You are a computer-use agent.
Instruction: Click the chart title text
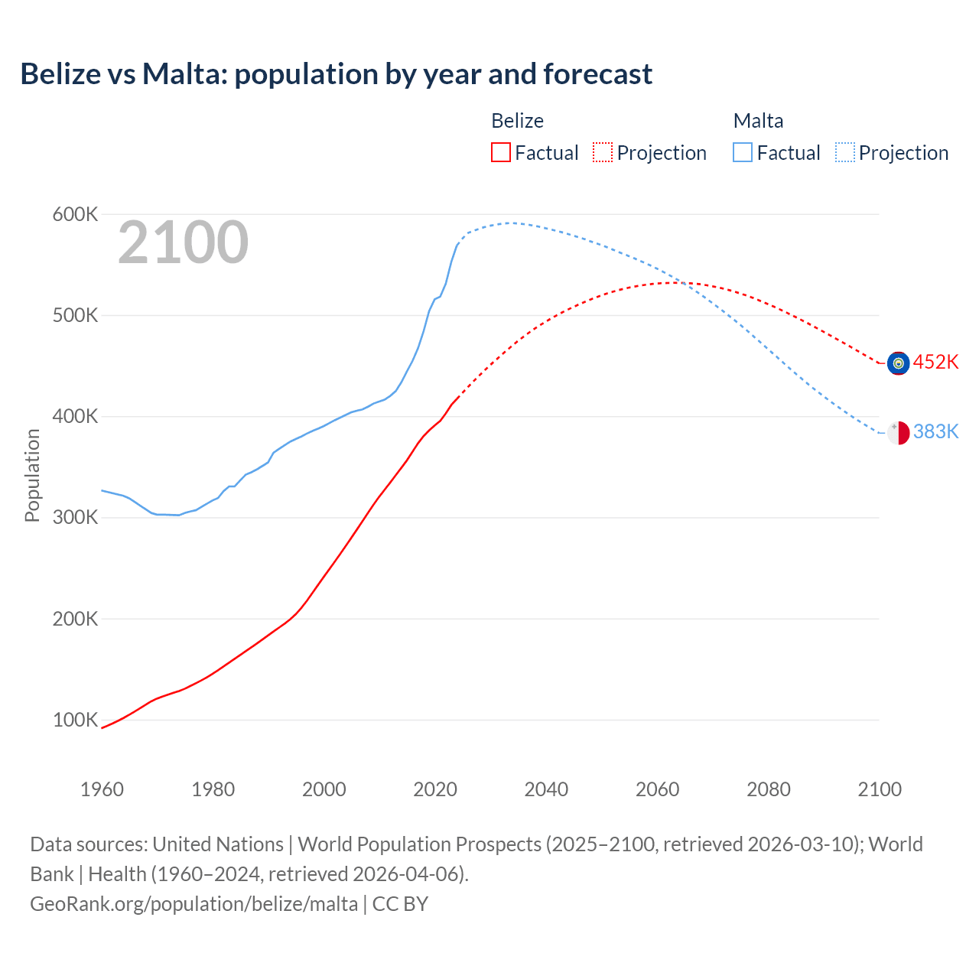pos(337,74)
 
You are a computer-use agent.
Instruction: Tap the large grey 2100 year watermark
pos(183,242)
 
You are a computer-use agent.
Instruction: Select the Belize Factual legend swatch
pos(501,152)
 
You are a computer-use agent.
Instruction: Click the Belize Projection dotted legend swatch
pos(603,152)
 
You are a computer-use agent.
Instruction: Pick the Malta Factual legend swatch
pos(743,152)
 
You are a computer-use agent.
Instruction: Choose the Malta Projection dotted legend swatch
pos(844,152)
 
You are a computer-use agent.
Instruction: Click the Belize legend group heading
pos(517,121)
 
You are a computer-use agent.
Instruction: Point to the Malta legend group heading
pos(758,121)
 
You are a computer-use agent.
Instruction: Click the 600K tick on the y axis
pos(75,215)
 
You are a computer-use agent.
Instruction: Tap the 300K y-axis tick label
pos(75,518)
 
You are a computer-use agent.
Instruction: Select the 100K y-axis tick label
pos(75,720)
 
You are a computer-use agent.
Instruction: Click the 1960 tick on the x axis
pos(102,789)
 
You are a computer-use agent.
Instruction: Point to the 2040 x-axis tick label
pos(546,789)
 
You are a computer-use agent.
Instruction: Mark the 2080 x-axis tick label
pos(768,789)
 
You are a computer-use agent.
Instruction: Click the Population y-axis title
pos(32,475)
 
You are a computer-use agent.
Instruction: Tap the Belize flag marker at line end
pos(898,363)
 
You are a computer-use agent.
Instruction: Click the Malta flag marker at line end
pos(898,433)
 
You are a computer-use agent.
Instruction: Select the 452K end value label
pos(935,362)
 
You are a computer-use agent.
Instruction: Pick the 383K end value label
pos(935,432)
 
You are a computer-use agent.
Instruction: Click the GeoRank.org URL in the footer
pos(194,904)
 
